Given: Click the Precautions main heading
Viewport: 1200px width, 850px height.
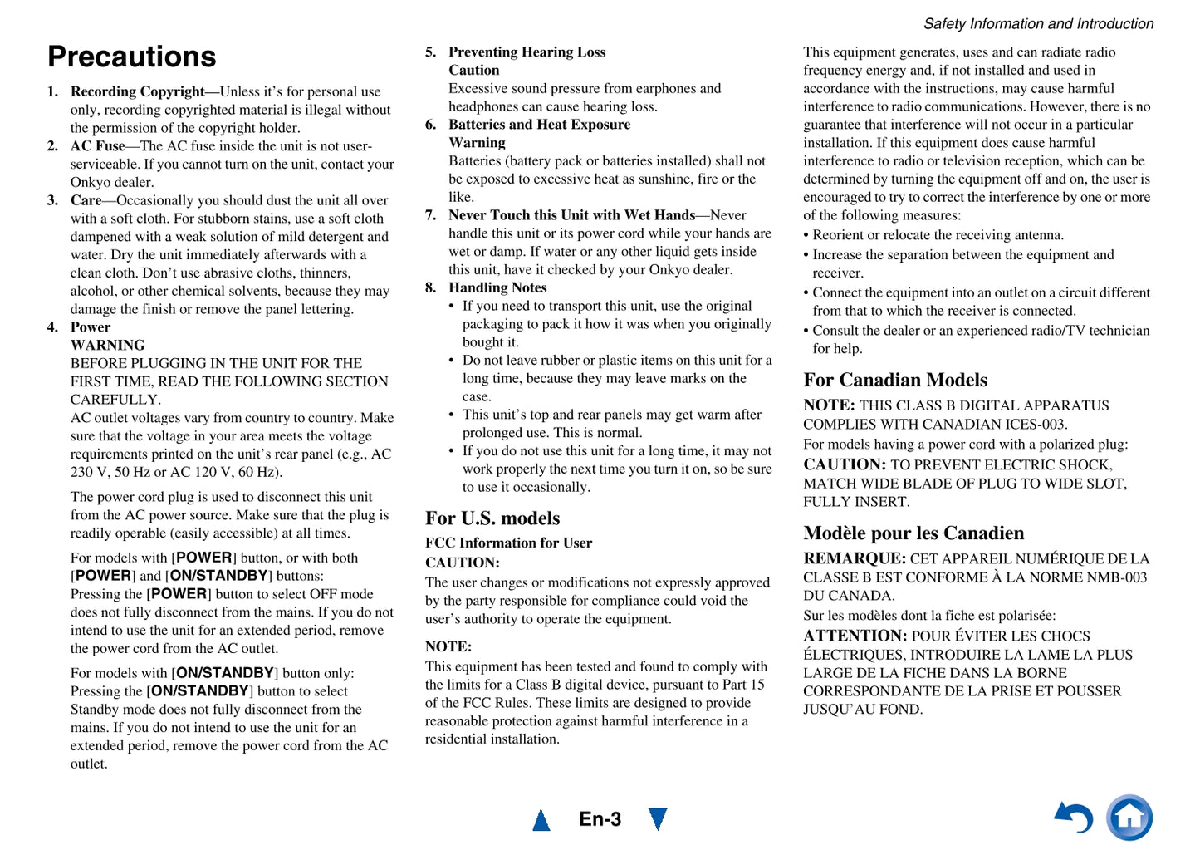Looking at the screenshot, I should [x=132, y=57].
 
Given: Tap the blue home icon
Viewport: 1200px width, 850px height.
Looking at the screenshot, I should [x=1129, y=818].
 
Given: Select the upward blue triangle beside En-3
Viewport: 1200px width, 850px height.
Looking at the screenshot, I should [x=541, y=820].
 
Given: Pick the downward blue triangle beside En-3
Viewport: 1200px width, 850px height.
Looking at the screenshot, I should [x=658, y=819].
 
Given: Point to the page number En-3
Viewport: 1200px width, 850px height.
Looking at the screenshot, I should [x=600, y=819].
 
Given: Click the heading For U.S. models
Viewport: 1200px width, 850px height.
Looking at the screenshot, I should [x=492, y=518].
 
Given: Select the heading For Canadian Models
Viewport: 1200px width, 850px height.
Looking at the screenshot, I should [x=895, y=380].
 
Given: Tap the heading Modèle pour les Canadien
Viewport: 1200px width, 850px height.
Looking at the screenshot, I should [x=913, y=533].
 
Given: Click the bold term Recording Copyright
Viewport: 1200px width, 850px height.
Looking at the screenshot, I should [x=137, y=91].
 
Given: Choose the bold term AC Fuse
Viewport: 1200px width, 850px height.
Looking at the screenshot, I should [x=97, y=146].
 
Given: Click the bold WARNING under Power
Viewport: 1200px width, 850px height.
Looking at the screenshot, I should [x=108, y=345].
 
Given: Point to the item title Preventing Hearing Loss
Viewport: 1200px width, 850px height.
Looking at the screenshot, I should [x=527, y=52].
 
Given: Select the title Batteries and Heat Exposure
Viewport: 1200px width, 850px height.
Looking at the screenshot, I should [x=539, y=125].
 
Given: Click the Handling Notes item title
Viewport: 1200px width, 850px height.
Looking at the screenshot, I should [x=497, y=287].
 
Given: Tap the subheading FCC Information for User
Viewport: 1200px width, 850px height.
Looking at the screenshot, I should [x=508, y=543].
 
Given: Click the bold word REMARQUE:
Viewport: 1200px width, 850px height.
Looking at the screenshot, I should [x=854, y=558].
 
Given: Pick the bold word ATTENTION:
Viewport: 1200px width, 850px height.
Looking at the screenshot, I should [x=855, y=636].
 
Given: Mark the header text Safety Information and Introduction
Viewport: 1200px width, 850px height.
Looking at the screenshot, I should [x=1038, y=24].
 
